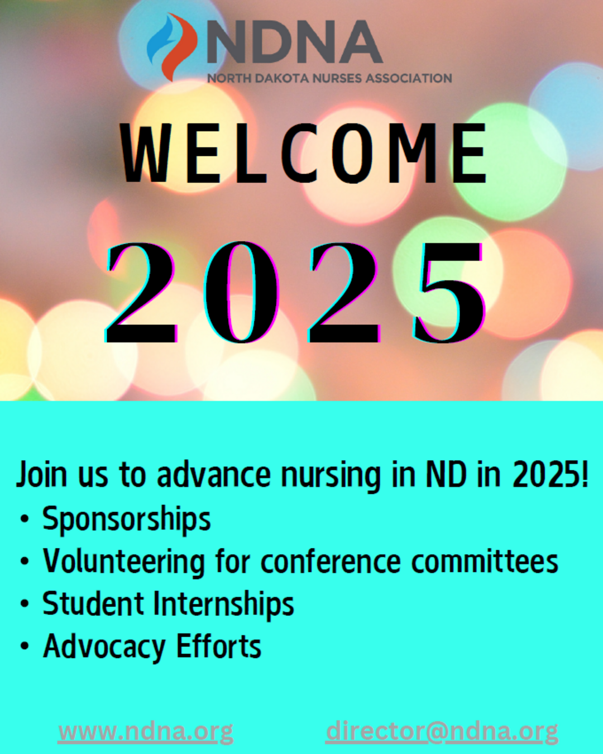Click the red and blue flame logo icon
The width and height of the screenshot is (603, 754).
pyautogui.click(x=171, y=46)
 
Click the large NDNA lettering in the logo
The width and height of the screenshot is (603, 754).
pyautogui.click(x=294, y=42)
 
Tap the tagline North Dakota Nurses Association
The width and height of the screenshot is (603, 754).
pyautogui.click(x=329, y=78)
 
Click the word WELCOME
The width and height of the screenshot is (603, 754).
pyautogui.click(x=303, y=153)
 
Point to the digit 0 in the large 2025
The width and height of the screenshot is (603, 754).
pyautogui.click(x=242, y=292)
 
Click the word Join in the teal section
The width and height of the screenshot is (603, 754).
pyautogui.click(x=41, y=475)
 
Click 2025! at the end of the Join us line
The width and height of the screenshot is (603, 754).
pyautogui.click(x=549, y=474)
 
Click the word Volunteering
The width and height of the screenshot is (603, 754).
pyautogui.click(x=123, y=562)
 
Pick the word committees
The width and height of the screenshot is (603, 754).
pyautogui.click(x=485, y=561)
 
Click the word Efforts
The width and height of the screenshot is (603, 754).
pyautogui.click(x=219, y=646)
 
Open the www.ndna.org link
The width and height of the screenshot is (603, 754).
pyautogui.click(x=146, y=732)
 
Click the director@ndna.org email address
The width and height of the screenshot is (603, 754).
pyautogui.click(x=442, y=732)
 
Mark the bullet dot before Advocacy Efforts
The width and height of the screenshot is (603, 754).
pyautogui.click(x=24, y=647)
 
